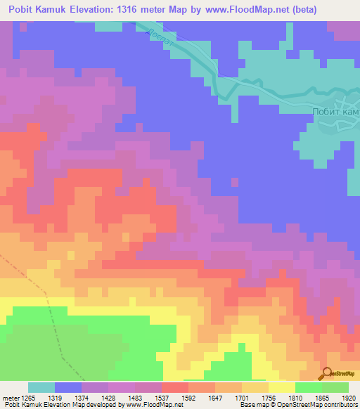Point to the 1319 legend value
[67, 398]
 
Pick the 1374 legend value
[95, 398]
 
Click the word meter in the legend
[11, 398]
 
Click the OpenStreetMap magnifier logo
[327, 373]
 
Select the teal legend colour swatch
[41, 387]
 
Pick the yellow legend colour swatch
[281, 387]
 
